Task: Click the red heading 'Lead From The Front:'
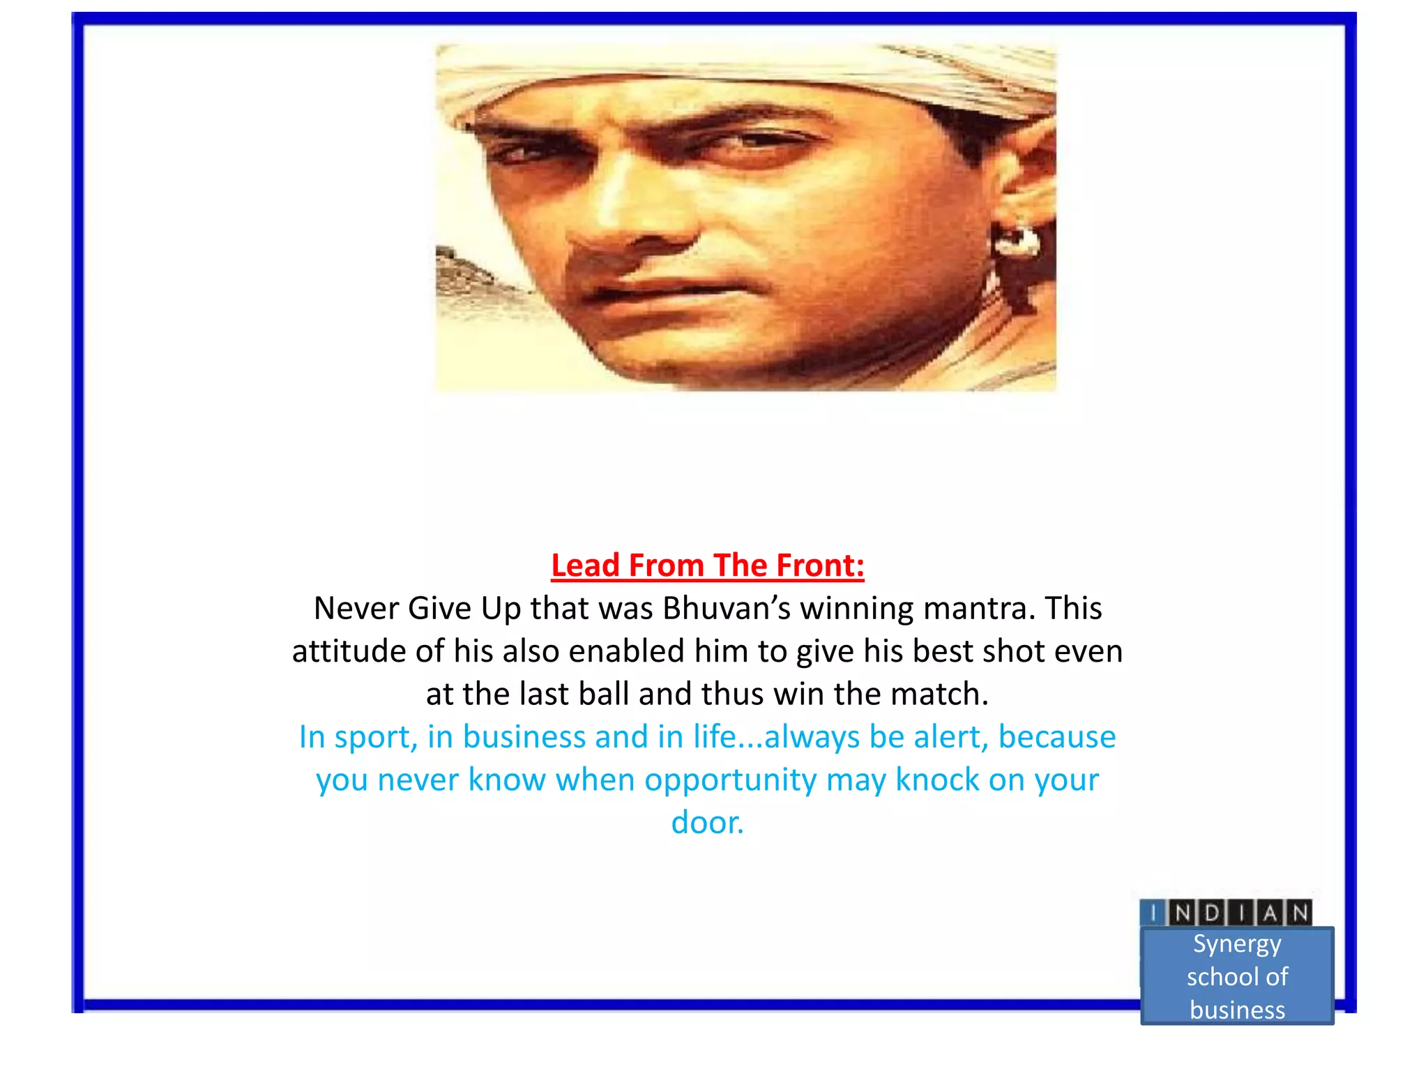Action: [707, 565]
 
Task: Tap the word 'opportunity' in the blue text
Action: [730, 780]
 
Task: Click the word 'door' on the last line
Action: [704, 823]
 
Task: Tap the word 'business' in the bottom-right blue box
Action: [1237, 1010]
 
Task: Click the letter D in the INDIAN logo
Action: [1213, 913]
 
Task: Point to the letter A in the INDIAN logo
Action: [1270, 913]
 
